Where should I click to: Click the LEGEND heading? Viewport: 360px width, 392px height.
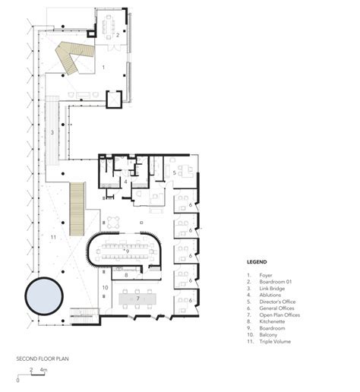[x=256, y=262]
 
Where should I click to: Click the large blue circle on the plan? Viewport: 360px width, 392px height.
[x=43, y=296]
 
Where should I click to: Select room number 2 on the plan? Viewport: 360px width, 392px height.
[x=118, y=35]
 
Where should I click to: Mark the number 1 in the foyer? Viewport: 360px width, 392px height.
[x=103, y=67]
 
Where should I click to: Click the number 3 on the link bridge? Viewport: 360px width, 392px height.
[x=52, y=132]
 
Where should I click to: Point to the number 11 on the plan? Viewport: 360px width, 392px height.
[x=53, y=238]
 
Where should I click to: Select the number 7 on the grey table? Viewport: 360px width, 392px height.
[x=137, y=299]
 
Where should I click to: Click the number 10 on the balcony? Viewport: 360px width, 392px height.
[x=106, y=289]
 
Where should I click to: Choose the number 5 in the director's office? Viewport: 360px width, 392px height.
[x=174, y=173]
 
